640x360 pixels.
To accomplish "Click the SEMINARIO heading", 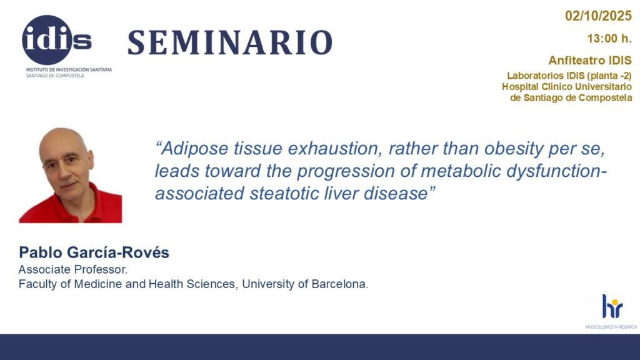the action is (x=230, y=42).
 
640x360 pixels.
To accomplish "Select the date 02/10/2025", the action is (x=598, y=16).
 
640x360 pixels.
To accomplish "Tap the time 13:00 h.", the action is (x=609, y=39).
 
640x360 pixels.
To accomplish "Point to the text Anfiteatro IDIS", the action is (x=590, y=61).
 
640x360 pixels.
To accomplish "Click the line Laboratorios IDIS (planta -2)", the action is (x=569, y=76).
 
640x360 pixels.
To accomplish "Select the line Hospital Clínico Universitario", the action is (x=566, y=86).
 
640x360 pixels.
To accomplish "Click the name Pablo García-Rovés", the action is (x=94, y=252).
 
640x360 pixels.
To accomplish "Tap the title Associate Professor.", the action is (x=73, y=270).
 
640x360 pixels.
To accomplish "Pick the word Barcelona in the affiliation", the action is (x=339, y=284).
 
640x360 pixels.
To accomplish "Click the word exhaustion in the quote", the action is (x=335, y=148).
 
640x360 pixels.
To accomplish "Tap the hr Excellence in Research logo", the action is (x=611, y=311).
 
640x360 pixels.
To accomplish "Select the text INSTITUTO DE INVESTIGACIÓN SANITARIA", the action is (x=69, y=70).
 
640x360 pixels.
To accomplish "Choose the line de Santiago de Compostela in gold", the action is (x=571, y=98).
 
